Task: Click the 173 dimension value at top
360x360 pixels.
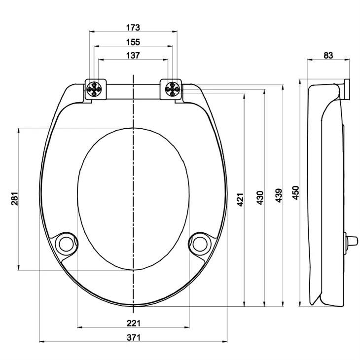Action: [x=133, y=27]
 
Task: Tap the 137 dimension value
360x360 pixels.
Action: [x=133, y=55]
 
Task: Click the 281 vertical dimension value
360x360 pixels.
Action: [x=14, y=199]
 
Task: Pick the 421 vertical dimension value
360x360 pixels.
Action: [x=241, y=199]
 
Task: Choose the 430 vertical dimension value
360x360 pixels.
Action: [x=260, y=197]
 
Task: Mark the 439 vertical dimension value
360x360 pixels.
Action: [x=279, y=195]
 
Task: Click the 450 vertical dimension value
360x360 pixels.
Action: [x=296, y=193]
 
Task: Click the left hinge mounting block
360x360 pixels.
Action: [x=96, y=89]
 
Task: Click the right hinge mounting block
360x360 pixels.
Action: [x=171, y=89]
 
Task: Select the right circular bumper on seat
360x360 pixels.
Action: [x=200, y=243]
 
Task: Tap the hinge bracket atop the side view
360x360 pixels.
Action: [x=347, y=89]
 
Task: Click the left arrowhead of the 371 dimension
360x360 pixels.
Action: [x=41, y=341]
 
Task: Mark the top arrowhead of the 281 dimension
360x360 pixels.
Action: [x=19, y=131]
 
